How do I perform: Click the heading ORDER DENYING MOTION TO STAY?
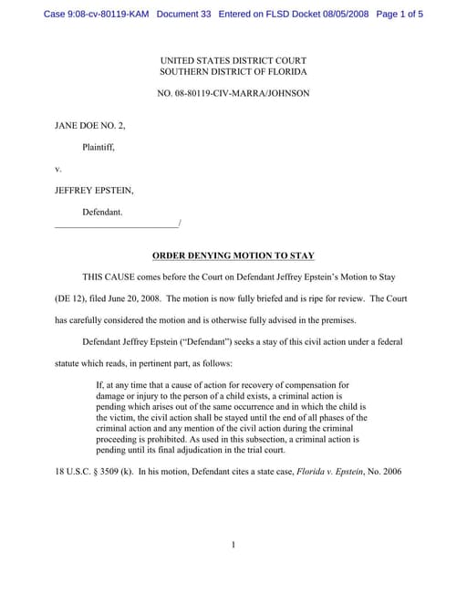pyautogui.click(x=233, y=256)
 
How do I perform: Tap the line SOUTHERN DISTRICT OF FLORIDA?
pyautogui.click(x=233, y=71)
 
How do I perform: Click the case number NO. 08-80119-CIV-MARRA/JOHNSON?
pyautogui.click(x=233, y=93)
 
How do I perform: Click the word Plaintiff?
pyautogui.click(x=99, y=146)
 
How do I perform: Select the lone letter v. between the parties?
pyautogui.click(x=58, y=168)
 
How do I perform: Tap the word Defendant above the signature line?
pyautogui.click(x=102, y=212)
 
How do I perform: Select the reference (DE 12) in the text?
pyautogui.click(x=72, y=298)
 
